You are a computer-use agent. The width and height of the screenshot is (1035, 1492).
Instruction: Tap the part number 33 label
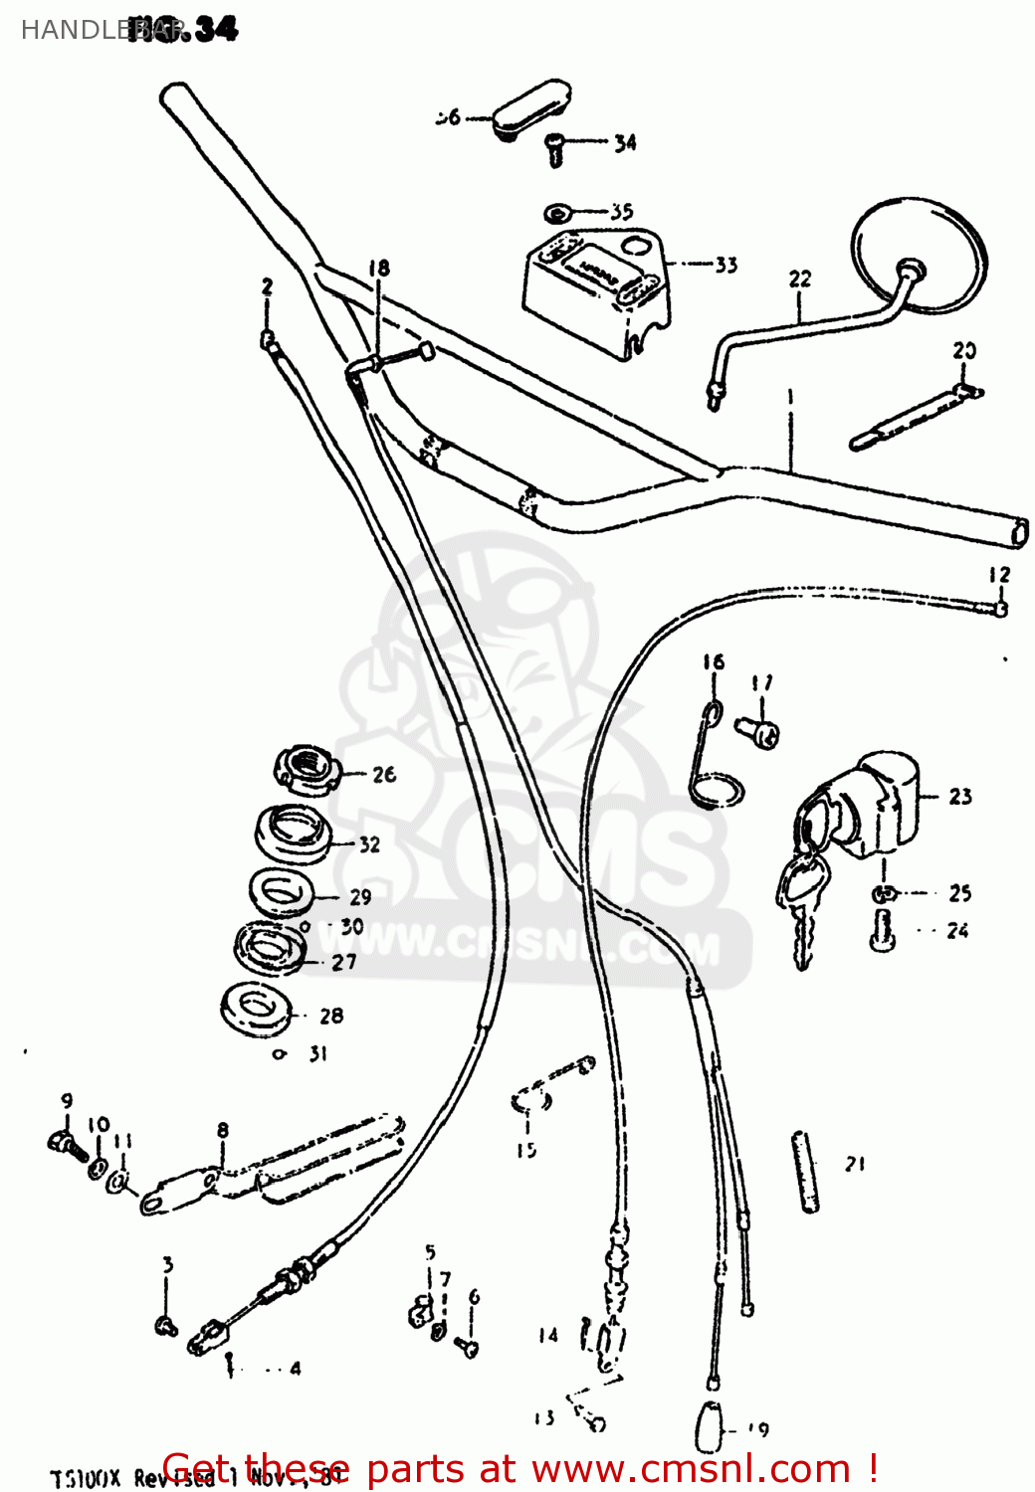pyautogui.click(x=726, y=265)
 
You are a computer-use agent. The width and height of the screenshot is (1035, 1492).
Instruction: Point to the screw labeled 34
pyautogui.click(x=555, y=150)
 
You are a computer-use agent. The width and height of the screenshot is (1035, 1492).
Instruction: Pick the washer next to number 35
pyautogui.click(x=556, y=213)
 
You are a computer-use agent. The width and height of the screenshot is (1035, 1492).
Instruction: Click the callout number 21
pyautogui.click(x=855, y=1163)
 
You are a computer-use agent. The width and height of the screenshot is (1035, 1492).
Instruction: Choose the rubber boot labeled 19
pyautogui.click(x=710, y=1426)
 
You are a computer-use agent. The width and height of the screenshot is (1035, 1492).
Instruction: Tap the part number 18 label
pyautogui.click(x=379, y=268)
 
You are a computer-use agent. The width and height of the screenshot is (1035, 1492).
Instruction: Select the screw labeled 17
pyautogui.click(x=759, y=732)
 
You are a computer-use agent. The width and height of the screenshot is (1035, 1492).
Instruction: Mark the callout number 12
pyautogui.click(x=999, y=575)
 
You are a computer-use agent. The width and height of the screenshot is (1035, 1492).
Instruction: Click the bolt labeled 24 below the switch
pyautogui.click(x=882, y=929)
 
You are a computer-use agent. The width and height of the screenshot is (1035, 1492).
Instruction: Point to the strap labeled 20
pyautogui.click(x=911, y=419)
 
